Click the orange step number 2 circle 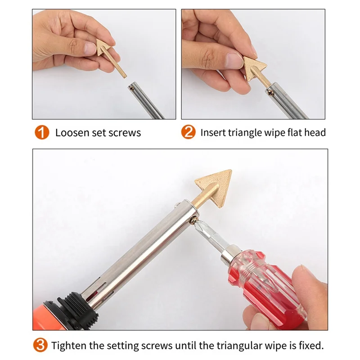188,133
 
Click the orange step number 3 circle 41,346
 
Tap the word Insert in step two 213,133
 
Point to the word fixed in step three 311,346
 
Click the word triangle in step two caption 244,133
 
